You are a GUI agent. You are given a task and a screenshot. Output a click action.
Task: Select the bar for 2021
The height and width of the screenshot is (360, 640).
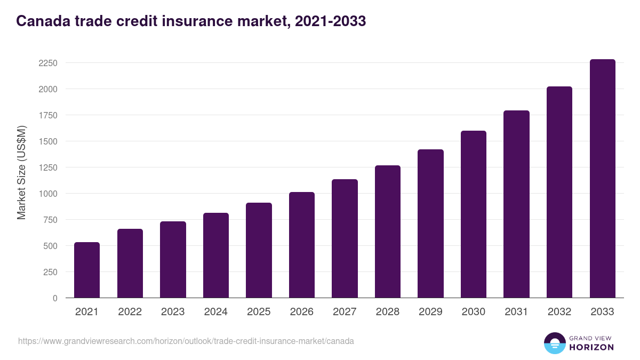click(87, 270)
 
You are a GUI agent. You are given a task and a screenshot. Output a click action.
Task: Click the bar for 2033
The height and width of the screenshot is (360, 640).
click(602, 179)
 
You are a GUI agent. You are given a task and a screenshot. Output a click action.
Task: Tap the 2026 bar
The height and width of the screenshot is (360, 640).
click(302, 245)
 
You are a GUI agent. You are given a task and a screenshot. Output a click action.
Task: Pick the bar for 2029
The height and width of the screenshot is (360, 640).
click(430, 223)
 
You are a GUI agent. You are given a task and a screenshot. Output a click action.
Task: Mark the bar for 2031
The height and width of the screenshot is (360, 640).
click(516, 204)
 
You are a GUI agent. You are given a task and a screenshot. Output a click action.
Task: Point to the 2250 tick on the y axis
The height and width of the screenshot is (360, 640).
click(47, 63)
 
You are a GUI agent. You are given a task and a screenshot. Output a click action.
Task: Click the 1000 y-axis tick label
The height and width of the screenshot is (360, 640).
click(47, 194)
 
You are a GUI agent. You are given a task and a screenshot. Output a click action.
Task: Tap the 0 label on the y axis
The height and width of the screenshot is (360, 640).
click(55, 298)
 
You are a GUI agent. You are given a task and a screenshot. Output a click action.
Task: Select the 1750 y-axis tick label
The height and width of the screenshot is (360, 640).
click(47, 115)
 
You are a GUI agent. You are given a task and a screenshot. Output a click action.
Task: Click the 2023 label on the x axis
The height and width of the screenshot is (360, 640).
click(173, 312)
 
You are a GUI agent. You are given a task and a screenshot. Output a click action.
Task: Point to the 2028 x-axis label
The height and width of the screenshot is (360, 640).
click(388, 312)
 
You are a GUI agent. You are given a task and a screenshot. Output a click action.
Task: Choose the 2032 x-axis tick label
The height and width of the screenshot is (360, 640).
click(559, 312)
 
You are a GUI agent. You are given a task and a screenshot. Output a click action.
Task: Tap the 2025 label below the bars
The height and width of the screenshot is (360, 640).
click(259, 312)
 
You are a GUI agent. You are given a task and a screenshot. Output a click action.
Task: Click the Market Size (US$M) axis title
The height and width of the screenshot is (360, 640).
click(21, 172)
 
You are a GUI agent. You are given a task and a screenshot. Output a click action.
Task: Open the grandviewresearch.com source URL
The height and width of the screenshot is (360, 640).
click(186, 341)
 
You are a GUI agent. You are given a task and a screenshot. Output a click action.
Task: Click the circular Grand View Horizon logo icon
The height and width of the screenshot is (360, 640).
click(554, 343)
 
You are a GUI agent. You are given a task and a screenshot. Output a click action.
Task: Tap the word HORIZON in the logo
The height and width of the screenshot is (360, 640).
click(591, 347)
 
